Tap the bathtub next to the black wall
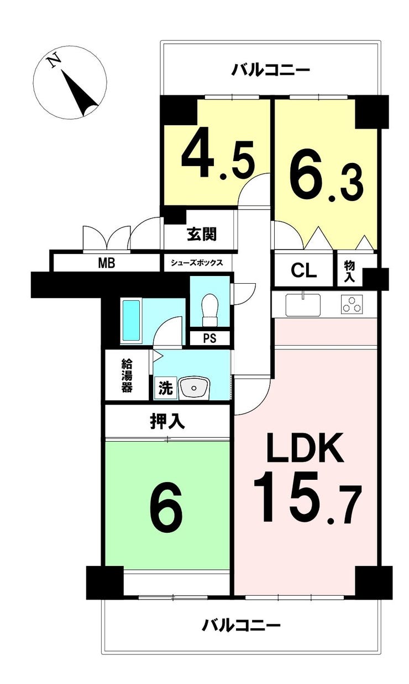(132, 321)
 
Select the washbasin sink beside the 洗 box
(194, 388)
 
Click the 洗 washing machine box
(165, 388)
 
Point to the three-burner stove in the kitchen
(352, 304)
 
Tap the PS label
(209, 338)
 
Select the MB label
(106, 263)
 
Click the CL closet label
(303, 271)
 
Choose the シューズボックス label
(197, 263)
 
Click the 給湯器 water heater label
(127, 375)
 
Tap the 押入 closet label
(167, 421)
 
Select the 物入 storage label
(349, 272)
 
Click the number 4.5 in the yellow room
(218, 160)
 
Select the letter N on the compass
(55, 61)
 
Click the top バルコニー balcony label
(270, 70)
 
